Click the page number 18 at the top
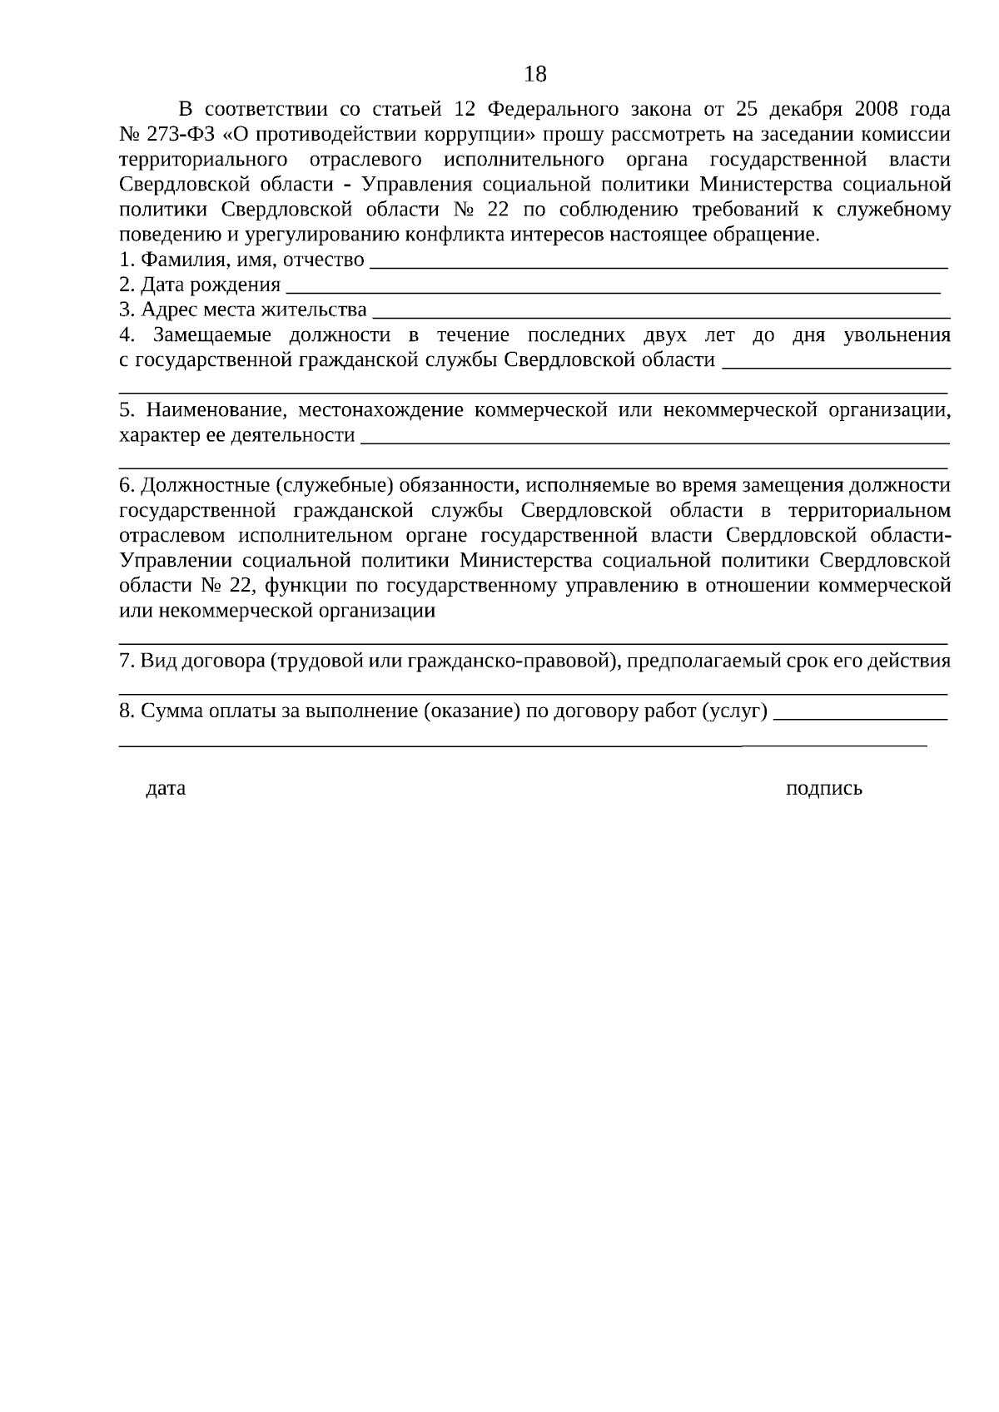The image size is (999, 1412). click(535, 75)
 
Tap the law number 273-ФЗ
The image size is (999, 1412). click(181, 135)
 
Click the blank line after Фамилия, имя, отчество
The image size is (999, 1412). click(658, 265)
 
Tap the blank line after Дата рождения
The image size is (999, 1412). click(612, 290)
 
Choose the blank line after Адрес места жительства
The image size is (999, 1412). click(662, 315)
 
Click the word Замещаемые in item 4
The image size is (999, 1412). click(213, 335)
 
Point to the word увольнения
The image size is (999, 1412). click(897, 335)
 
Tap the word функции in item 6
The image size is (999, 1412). click(305, 586)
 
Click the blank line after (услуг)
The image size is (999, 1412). click(860, 716)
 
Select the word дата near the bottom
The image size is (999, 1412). click(166, 788)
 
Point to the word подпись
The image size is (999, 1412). click(823, 789)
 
